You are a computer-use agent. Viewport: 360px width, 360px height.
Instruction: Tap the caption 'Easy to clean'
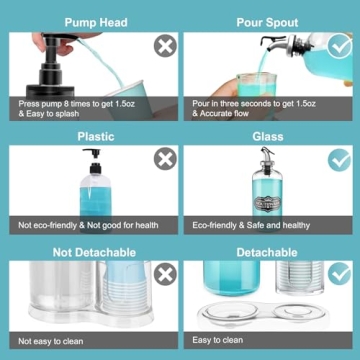[x=221, y=341]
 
